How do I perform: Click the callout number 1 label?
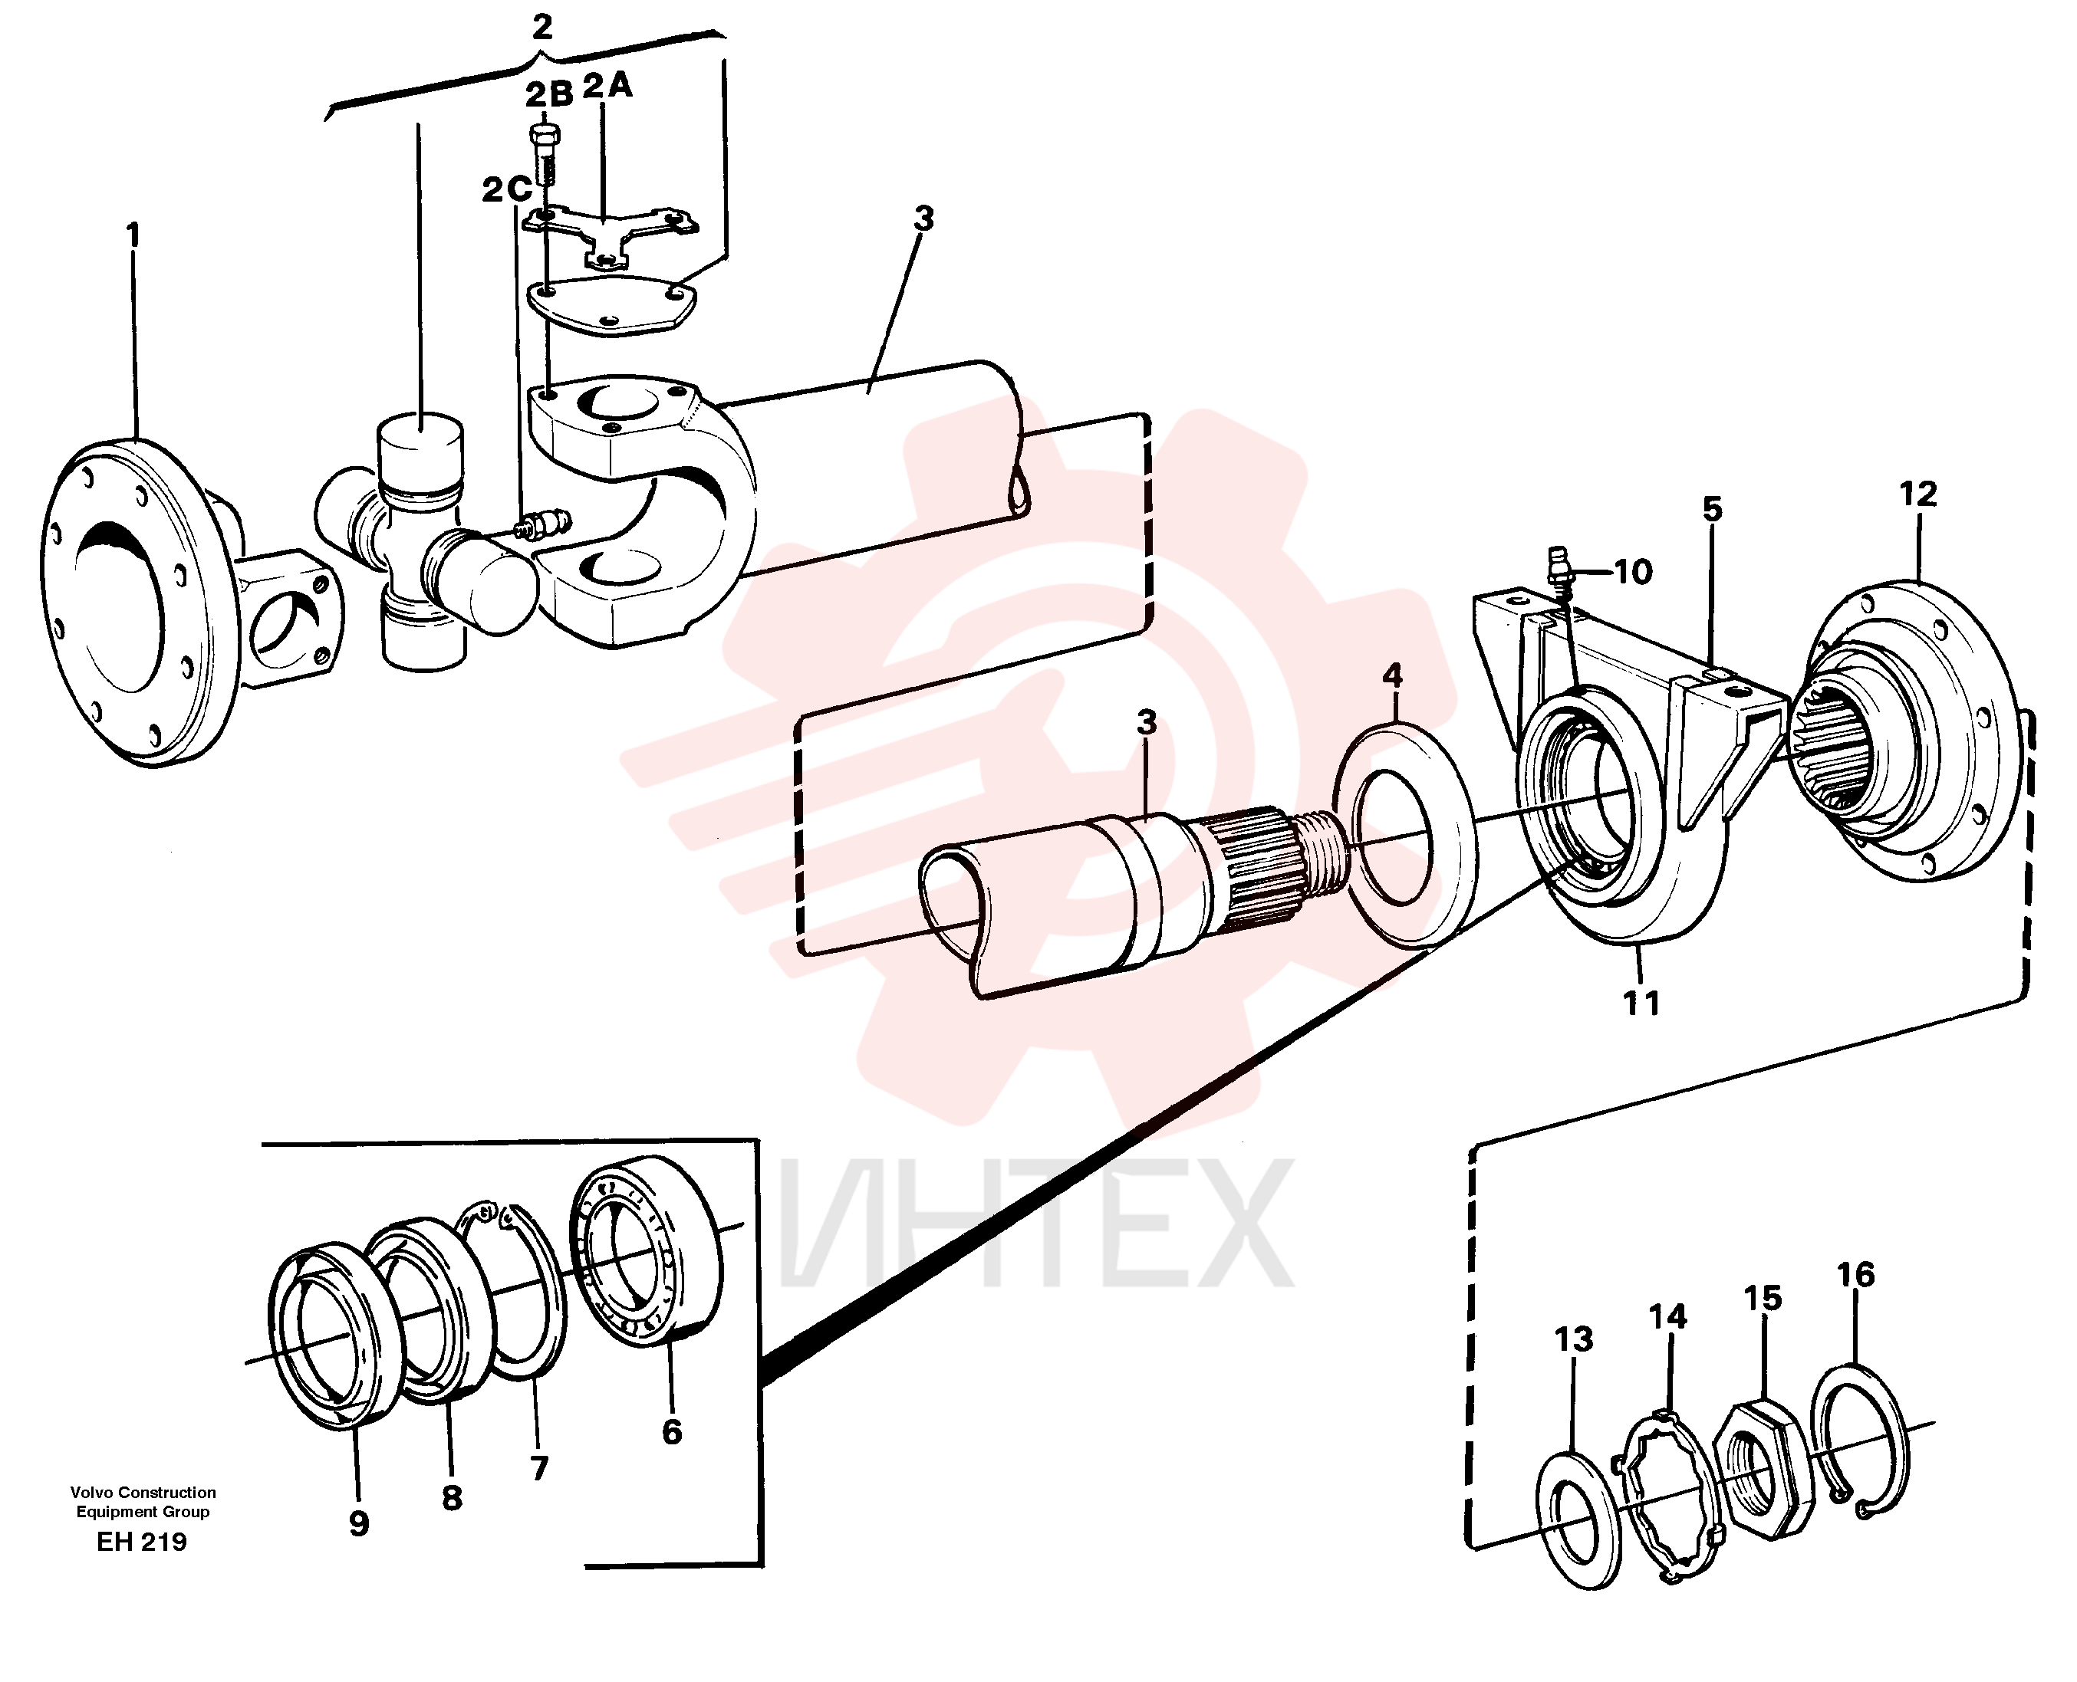point(133,235)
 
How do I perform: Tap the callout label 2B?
point(549,95)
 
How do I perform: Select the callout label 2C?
point(507,190)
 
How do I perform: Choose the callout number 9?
point(359,1524)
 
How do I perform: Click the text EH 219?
point(141,1542)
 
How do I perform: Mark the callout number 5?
point(1713,509)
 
